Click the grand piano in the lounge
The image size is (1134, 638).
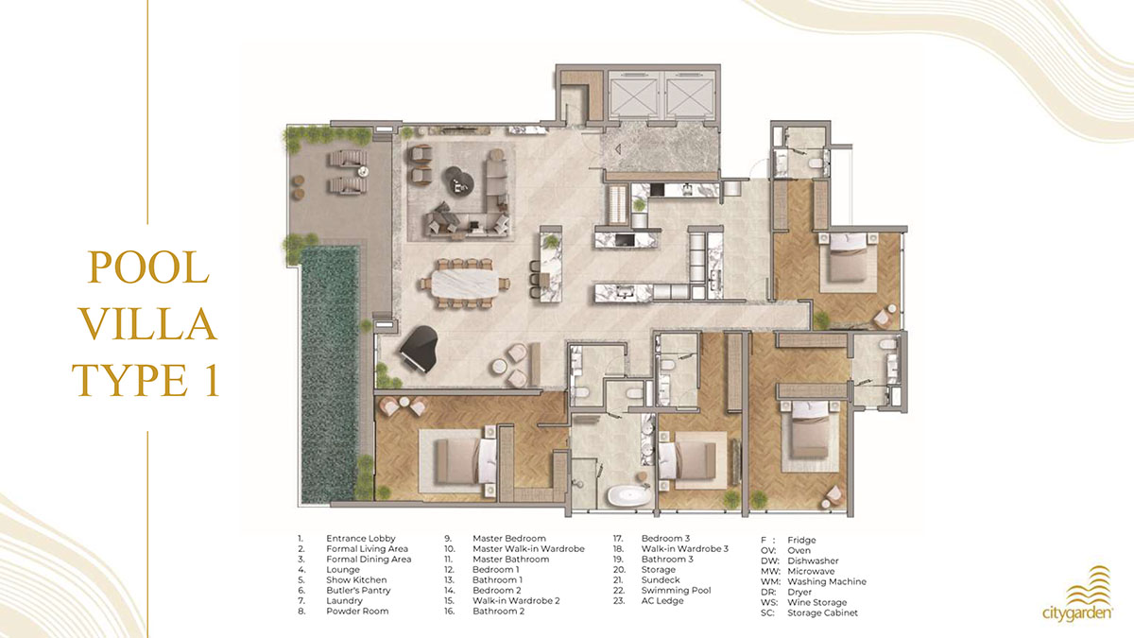tap(419, 349)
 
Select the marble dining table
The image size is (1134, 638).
tap(464, 284)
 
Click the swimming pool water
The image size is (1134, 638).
tap(330, 373)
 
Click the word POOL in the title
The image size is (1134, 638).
tap(148, 267)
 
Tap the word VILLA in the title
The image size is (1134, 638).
tap(148, 324)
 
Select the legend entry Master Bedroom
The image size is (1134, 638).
tap(509, 538)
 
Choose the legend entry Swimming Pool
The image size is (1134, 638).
tap(676, 591)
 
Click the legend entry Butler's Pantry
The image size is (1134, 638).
tap(358, 591)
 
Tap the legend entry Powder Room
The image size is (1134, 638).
tap(357, 612)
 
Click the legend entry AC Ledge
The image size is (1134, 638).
tap(662, 601)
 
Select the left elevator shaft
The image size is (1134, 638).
tap(633, 97)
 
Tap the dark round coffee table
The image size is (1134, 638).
tap(459, 181)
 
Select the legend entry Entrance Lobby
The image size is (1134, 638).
tap(360, 538)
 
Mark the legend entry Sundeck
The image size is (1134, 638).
tap(661, 579)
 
